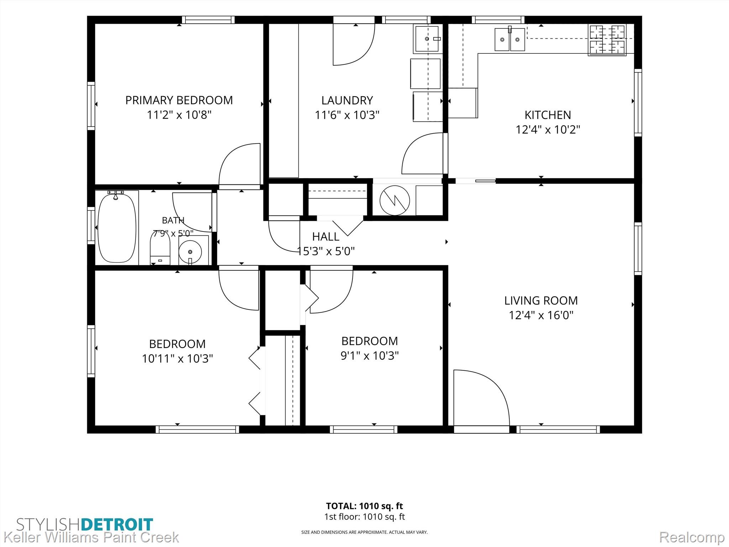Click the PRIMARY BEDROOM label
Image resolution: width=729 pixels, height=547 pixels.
point(179,100)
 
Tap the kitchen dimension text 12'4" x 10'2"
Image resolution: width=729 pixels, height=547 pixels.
point(548,129)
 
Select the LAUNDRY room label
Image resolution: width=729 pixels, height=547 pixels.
point(347,100)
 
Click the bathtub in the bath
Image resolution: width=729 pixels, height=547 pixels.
point(117,227)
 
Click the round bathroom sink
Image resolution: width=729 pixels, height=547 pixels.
point(190,252)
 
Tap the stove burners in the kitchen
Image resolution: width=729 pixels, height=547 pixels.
point(607,40)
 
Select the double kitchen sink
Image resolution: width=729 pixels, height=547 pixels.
point(510,39)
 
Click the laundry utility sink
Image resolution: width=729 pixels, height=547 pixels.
point(427,38)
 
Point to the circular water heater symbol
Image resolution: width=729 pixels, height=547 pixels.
point(395,200)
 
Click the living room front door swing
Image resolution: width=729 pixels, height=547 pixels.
point(481,397)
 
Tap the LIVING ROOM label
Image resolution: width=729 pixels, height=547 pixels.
point(541,301)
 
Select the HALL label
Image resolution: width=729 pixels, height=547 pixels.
point(326,236)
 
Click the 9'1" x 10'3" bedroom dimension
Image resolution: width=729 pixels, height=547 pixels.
point(369,355)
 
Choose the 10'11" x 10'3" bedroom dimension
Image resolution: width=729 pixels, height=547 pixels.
point(177,358)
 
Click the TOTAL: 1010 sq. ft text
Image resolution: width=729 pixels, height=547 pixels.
point(364,506)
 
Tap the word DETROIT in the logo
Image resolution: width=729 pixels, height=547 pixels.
point(117,525)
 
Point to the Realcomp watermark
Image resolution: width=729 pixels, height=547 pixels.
point(692,537)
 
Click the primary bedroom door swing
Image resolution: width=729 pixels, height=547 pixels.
point(240,164)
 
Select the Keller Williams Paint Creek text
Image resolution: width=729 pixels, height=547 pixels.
point(91,537)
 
